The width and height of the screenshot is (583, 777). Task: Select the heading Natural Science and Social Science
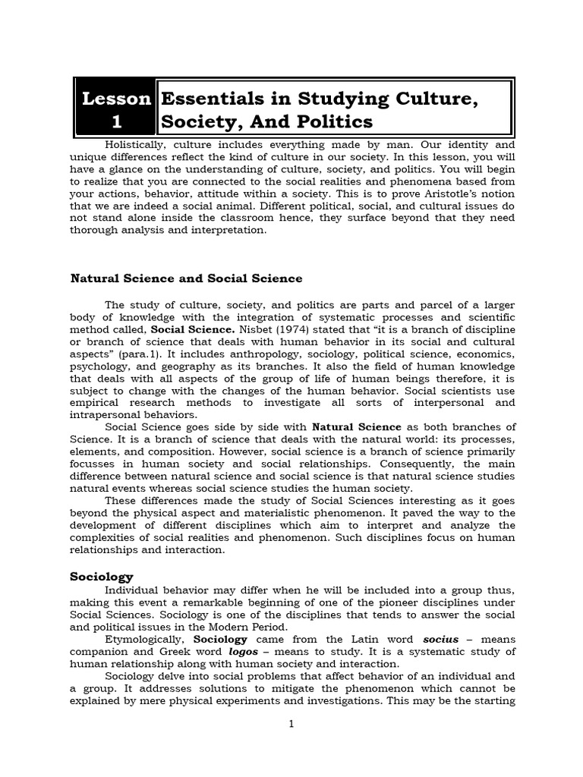186,278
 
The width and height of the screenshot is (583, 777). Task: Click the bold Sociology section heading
101,577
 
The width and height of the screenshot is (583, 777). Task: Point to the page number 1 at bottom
291,725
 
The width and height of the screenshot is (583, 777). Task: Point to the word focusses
94,464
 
